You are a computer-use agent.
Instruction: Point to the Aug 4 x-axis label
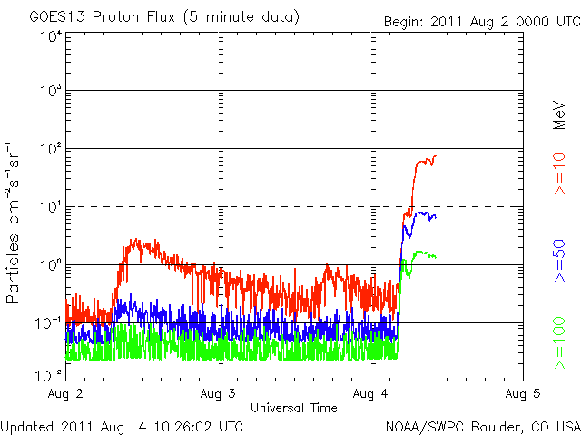370,393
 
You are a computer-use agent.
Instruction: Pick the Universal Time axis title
294,408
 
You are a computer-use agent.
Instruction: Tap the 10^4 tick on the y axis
51,36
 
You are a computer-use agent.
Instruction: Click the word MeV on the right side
560,113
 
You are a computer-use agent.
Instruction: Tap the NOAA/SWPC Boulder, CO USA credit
482,426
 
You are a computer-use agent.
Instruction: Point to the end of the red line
435,156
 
